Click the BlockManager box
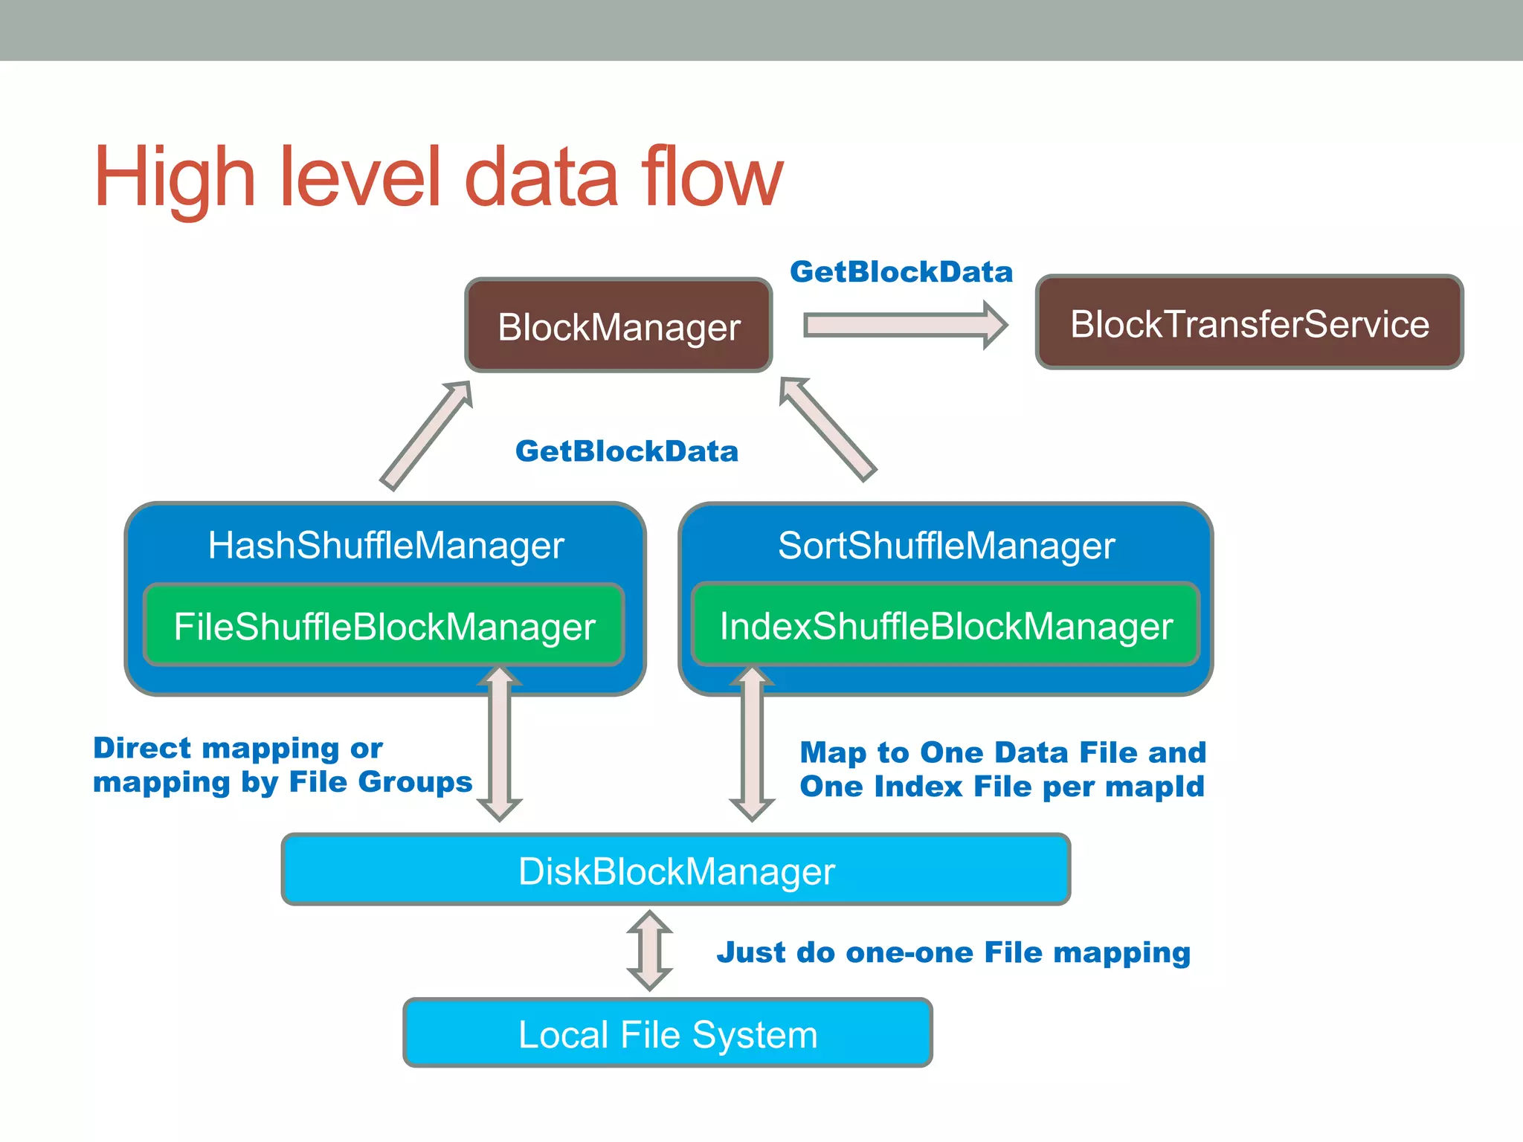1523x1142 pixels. pyautogui.click(x=619, y=326)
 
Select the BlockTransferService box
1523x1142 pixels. pyautogui.click(x=1249, y=323)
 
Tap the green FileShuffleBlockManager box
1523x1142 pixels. pyautogui.click(x=384, y=625)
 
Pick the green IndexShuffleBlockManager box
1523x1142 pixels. pyautogui.click(x=946, y=625)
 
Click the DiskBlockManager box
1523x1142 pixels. pyautogui.click(x=676, y=870)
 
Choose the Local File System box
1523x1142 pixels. pyautogui.click(x=667, y=1033)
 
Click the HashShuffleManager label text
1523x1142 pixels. pyautogui.click(x=385, y=545)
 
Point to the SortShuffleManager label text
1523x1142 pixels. pyautogui.click(x=946, y=545)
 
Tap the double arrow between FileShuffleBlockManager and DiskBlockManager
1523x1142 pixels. pyautogui.click(x=499, y=743)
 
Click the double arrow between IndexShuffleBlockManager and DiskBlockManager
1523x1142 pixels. pyautogui.click(x=752, y=743)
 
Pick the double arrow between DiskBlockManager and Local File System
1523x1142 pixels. pyautogui.click(x=649, y=950)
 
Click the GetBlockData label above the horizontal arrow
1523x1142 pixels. pyautogui.click(x=901, y=271)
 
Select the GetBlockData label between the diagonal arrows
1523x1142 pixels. pyautogui.click(x=626, y=451)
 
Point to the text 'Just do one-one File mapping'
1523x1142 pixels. pyautogui.click(x=953, y=952)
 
